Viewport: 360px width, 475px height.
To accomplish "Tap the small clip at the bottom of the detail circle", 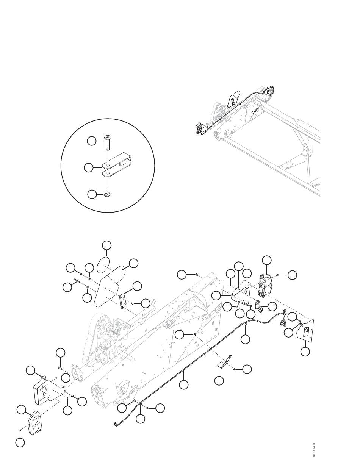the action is point(107,194).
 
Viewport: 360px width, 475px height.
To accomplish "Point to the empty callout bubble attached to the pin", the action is point(92,141).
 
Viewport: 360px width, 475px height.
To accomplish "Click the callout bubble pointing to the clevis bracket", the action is point(89,168).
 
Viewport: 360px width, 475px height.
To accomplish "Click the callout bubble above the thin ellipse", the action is point(107,245).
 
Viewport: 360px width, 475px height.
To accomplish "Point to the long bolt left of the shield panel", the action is point(77,280).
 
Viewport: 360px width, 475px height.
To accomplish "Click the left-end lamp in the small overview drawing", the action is point(200,128).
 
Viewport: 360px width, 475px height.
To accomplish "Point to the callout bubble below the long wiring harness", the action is point(184,384).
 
